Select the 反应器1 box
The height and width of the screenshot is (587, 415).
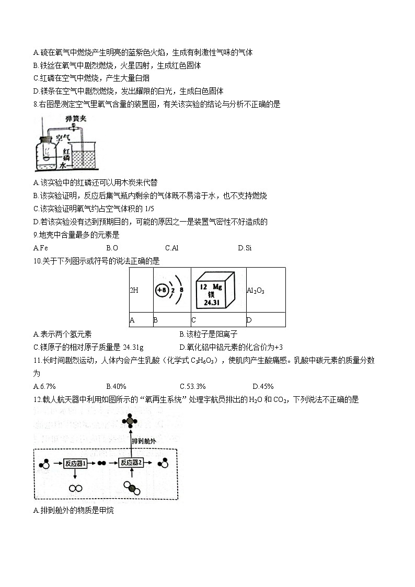point(75,463)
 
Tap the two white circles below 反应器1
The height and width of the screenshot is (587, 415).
point(75,488)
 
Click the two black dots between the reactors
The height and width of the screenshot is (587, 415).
point(102,463)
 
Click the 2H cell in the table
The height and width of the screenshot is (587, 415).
point(134,290)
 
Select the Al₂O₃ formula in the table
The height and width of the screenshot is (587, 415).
point(256,290)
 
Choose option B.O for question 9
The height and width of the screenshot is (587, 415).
point(112,248)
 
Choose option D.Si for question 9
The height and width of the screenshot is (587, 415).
point(245,248)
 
